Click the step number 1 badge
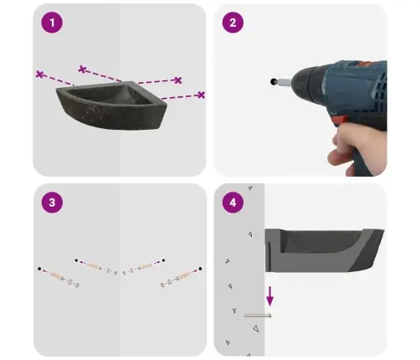click(x=52, y=23)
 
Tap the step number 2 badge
click(x=233, y=23)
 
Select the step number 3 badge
click(x=52, y=203)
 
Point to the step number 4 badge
click(x=233, y=203)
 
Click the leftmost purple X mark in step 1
click(x=40, y=75)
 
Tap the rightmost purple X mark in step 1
click(x=202, y=95)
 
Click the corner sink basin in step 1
click(x=111, y=105)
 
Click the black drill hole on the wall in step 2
click(x=273, y=81)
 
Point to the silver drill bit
click(x=284, y=82)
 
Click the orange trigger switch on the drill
click(x=339, y=121)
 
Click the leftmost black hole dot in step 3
click(x=39, y=269)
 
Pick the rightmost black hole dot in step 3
click(x=200, y=269)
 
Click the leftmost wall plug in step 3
click(x=56, y=275)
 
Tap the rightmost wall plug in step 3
click(x=183, y=275)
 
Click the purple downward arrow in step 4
click(x=269, y=296)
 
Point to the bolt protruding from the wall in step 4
click(x=258, y=316)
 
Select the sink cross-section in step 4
click(x=325, y=250)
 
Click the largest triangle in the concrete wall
click(x=256, y=328)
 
